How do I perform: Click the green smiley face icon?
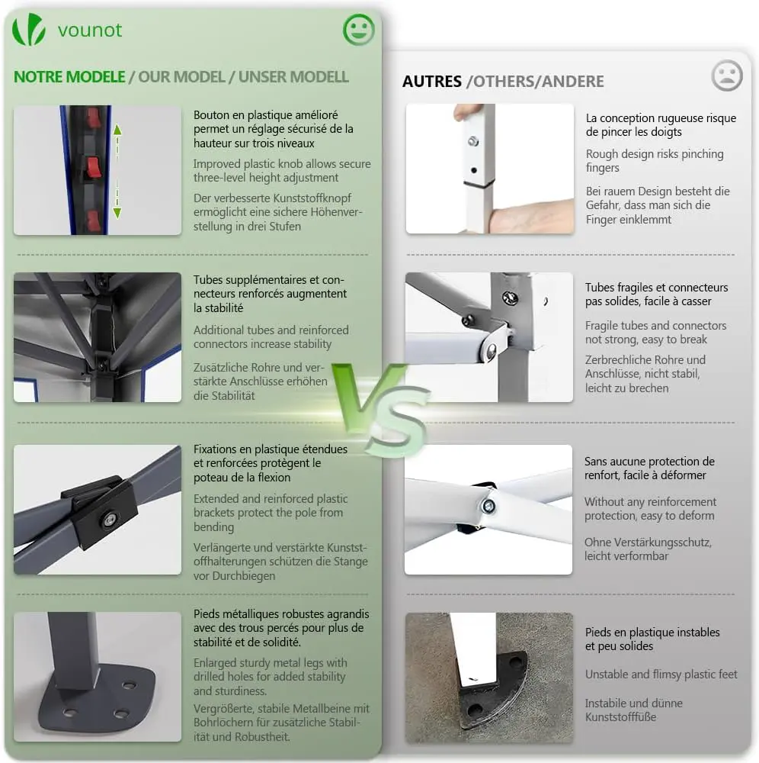359,30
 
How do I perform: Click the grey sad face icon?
727,76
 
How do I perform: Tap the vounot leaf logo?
29,30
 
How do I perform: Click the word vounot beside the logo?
90,31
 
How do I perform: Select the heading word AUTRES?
432,82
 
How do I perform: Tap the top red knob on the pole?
94,118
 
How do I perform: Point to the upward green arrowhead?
117,130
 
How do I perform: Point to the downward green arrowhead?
117,212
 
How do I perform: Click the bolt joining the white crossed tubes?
488,507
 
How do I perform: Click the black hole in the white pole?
474,170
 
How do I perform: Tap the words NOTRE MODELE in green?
69,77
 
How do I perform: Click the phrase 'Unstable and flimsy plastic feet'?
661,674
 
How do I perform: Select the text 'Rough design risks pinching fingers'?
654,160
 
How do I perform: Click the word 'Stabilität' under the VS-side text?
224,395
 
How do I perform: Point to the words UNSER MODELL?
293,77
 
